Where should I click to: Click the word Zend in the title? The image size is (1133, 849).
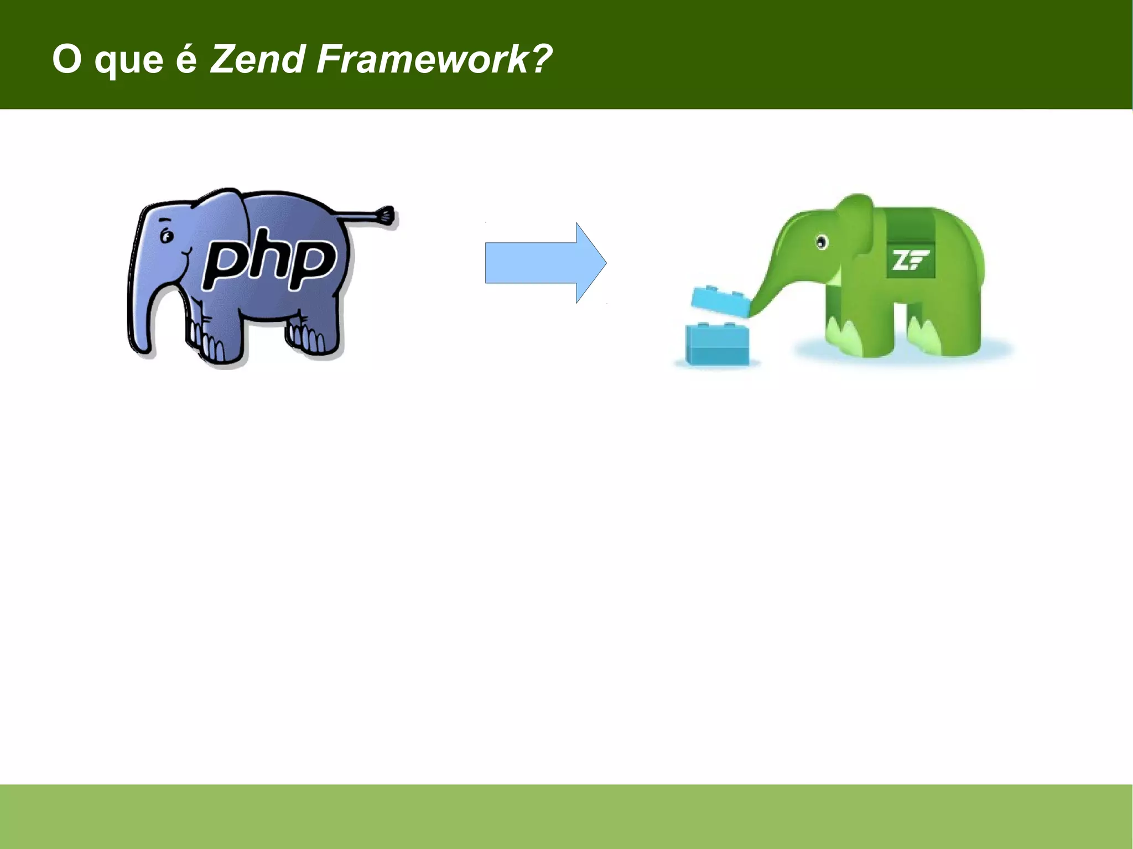coord(257,59)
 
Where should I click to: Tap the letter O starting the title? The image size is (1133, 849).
coord(67,59)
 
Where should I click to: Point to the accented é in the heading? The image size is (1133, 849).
coord(186,58)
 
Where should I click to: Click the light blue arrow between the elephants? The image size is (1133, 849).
coord(545,263)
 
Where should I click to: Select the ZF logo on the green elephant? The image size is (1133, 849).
coord(910,260)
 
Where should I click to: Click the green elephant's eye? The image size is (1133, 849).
coord(822,242)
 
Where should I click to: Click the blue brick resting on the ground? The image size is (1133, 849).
coord(718,344)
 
